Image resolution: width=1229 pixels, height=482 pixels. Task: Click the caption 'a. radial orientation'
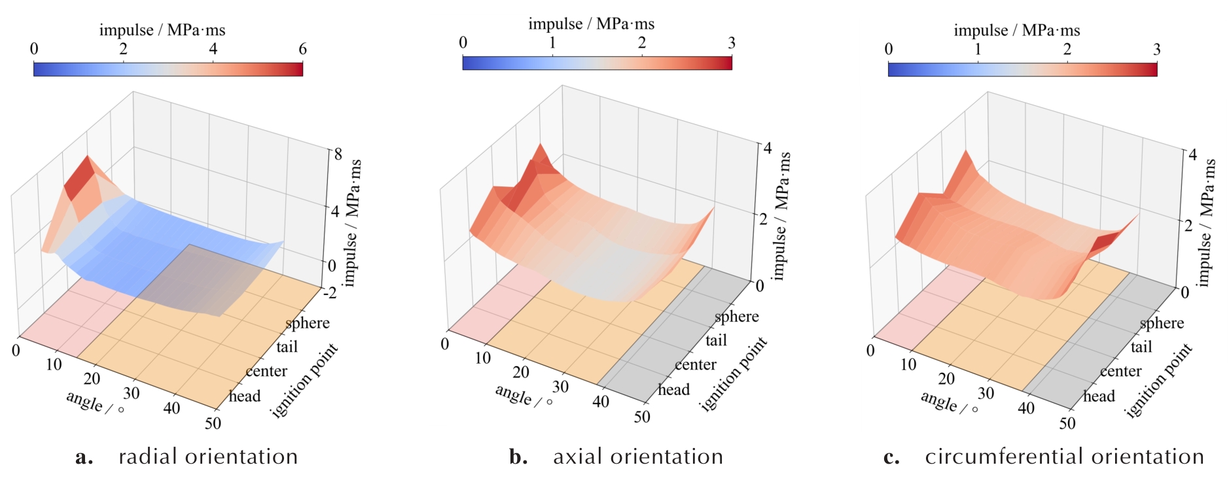187,456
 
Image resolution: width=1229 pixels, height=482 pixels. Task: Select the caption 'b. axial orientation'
616,456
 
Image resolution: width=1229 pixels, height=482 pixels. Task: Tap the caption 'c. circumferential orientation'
1043,456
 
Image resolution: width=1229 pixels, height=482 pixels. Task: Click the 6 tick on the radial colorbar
302,49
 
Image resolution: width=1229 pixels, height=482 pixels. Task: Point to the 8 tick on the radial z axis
338,154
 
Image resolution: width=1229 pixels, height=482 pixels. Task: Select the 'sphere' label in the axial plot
737,317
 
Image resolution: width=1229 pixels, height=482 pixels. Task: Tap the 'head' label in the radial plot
245,396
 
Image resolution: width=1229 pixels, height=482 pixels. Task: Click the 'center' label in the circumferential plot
1120,371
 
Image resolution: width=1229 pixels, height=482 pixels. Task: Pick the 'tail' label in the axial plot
717,340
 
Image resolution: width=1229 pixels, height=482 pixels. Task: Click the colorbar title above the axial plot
592,24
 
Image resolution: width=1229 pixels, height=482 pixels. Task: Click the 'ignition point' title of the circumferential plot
1158,381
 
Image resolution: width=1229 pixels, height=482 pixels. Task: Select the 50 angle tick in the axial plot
642,417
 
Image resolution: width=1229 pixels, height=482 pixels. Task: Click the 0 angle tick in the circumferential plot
870,351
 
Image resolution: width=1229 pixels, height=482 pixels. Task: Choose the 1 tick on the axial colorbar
552,43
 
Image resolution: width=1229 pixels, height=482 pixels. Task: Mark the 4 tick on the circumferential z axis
1192,154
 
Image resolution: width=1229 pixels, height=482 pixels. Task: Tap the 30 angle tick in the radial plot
132,393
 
